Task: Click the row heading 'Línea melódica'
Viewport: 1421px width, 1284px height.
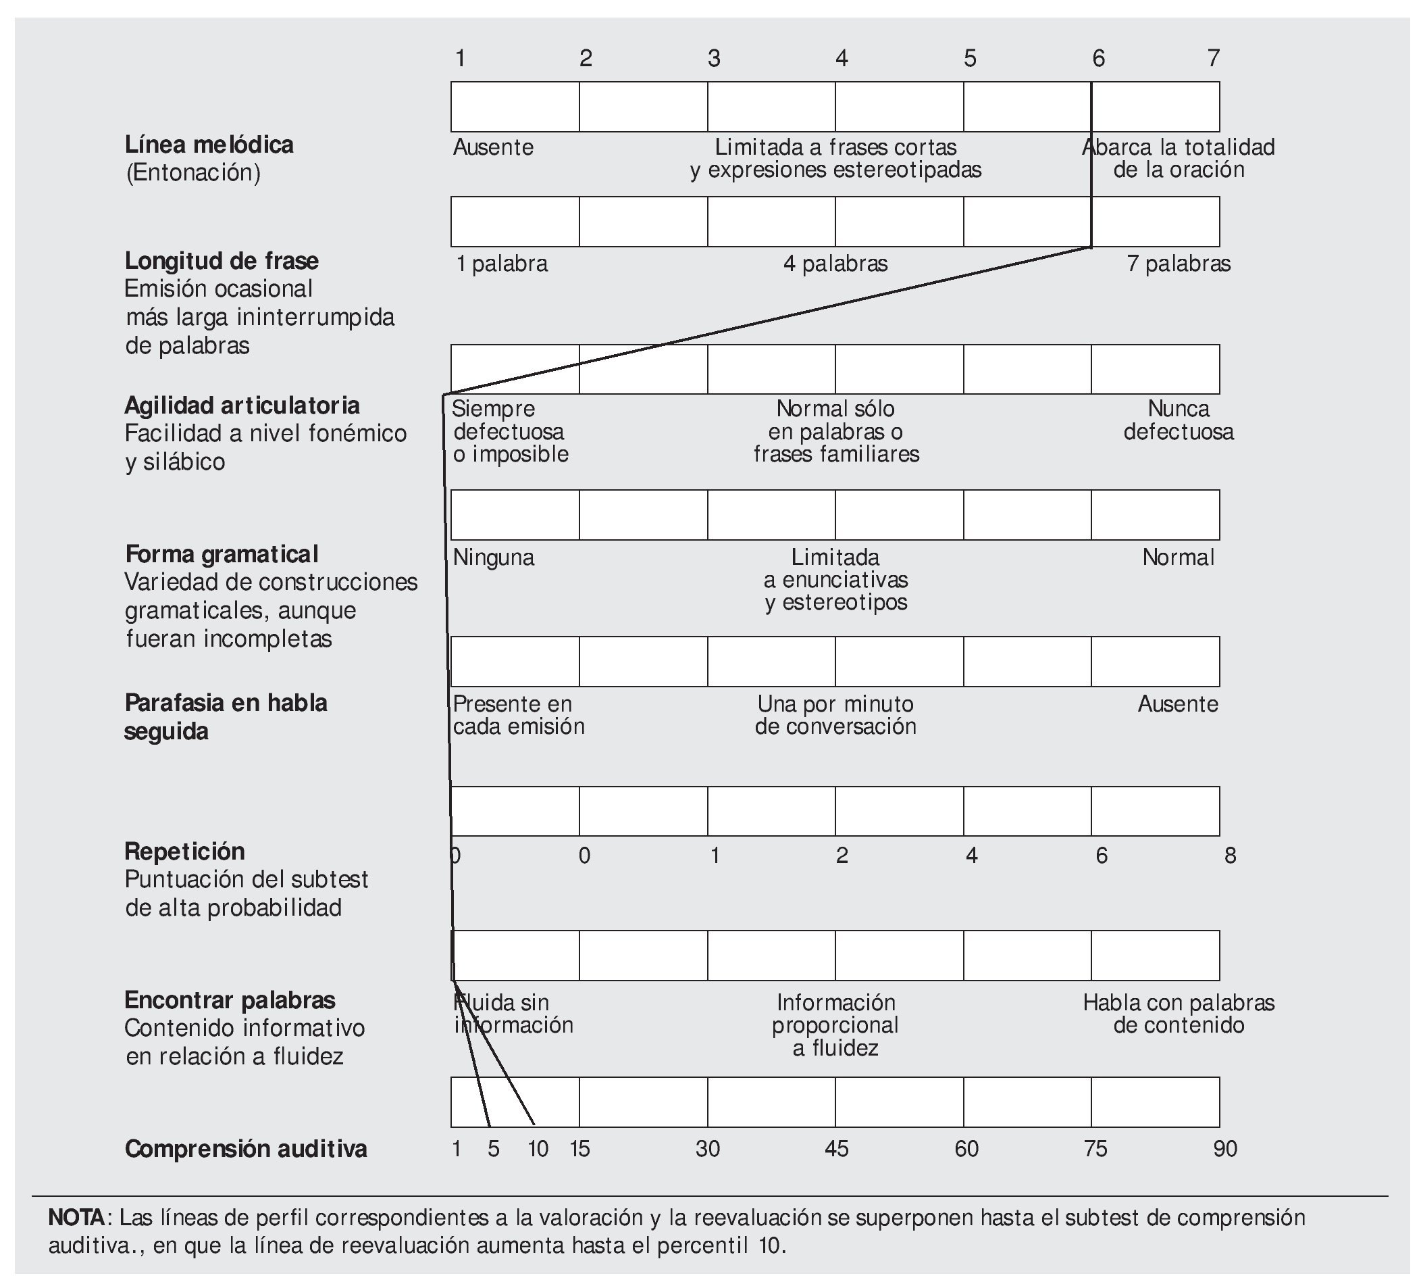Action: pos(209,145)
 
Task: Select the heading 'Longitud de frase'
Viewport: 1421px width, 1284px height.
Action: pos(222,261)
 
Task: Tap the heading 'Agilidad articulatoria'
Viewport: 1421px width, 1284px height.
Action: pos(242,405)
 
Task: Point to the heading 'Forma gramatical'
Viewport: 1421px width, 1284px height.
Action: pos(222,554)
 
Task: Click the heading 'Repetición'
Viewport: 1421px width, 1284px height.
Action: pos(184,851)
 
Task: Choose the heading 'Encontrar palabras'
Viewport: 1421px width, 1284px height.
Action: pos(230,1000)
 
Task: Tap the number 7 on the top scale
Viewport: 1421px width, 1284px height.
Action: pos(1213,59)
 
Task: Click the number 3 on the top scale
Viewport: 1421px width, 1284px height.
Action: pos(714,59)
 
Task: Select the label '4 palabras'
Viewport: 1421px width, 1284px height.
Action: pos(835,264)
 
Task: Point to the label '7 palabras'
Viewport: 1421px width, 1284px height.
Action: pos(1179,264)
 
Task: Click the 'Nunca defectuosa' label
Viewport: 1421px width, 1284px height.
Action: pos(1179,420)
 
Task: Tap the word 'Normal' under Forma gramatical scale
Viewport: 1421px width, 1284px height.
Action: pos(1179,558)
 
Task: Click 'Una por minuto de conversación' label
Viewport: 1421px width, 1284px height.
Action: pos(835,715)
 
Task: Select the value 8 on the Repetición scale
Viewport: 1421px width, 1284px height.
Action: pos(1230,856)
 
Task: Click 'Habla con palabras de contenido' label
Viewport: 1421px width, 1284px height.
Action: pos(1179,1013)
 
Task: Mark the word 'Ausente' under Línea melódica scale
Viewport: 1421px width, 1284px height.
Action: pos(494,147)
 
